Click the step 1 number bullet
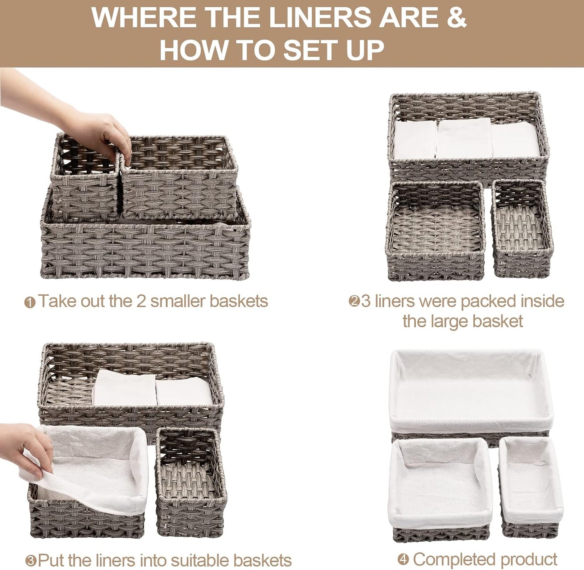(30, 302)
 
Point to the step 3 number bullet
(31, 561)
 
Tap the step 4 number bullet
(403, 559)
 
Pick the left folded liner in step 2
(415, 140)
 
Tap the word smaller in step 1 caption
(178, 301)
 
